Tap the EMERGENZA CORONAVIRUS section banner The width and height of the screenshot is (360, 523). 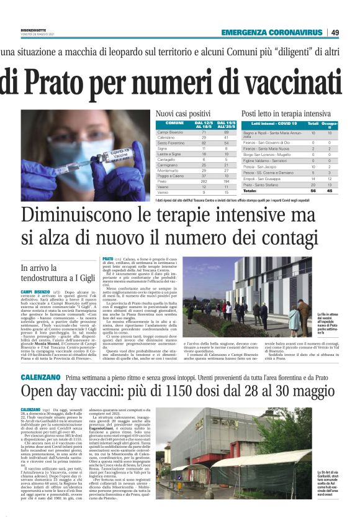point(272,32)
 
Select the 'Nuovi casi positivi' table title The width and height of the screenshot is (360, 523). point(182,114)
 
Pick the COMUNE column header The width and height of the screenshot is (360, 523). point(173,124)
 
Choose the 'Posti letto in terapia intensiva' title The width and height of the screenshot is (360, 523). point(286,114)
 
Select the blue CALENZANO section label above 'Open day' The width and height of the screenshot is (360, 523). point(40,359)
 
